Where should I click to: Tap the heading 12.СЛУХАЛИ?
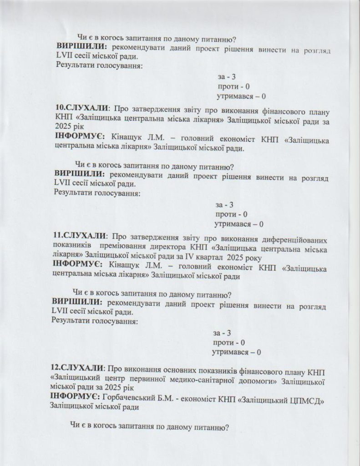click(78, 367)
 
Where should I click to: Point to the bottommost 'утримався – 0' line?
click(236, 352)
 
